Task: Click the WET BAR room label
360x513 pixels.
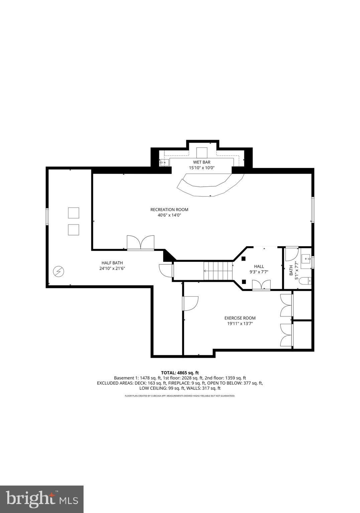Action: [202, 162]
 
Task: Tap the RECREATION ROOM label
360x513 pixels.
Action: [169, 210]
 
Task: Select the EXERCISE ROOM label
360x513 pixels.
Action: [240, 318]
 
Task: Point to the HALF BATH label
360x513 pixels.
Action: [112, 263]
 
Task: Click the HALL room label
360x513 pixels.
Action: [259, 266]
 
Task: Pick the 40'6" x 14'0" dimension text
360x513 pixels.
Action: [169, 215]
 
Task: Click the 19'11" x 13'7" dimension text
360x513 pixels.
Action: [240, 324]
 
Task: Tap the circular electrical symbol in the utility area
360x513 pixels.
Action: [59, 272]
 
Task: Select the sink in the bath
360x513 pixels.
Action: [306, 259]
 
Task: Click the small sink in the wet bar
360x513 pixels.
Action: [164, 163]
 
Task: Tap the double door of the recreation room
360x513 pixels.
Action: [141, 243]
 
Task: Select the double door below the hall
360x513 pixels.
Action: [261, 285]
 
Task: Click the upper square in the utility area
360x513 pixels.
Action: [73, 213]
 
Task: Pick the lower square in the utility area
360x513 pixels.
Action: [73, 230]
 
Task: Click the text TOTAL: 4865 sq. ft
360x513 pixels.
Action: [180, 373]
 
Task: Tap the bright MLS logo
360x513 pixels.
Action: [42, 499]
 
